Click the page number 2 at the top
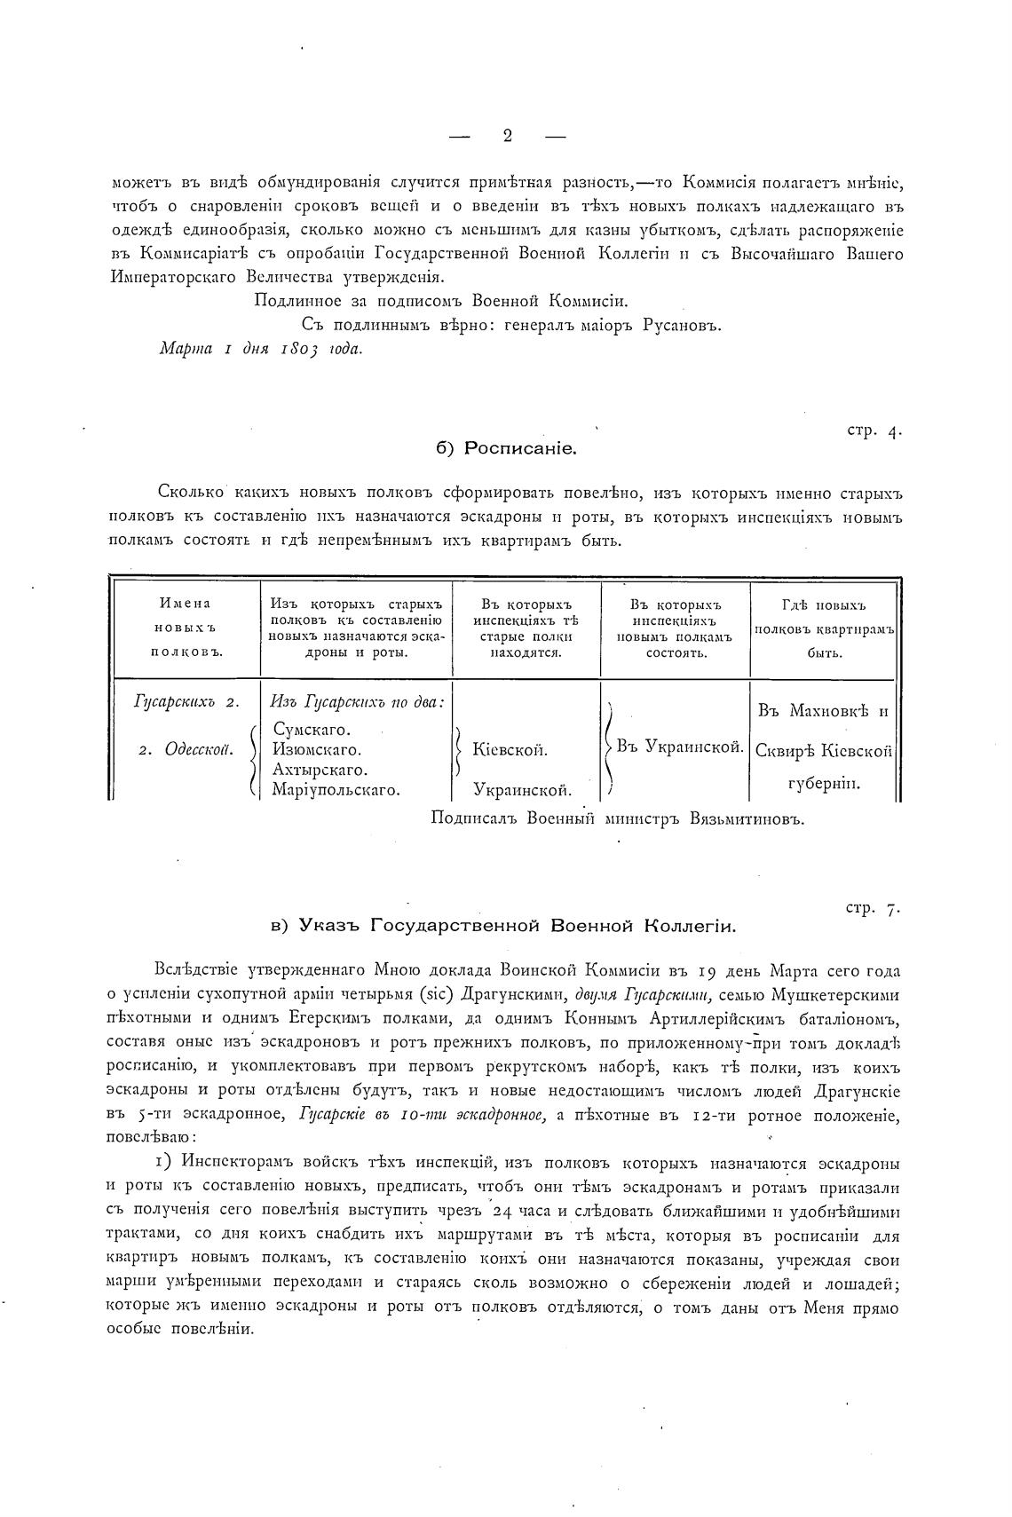(507, 136)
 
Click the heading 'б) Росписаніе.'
(507, 449)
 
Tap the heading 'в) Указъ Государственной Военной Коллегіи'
(503, 926)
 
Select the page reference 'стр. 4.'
(874, 431)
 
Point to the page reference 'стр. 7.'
(874, 908)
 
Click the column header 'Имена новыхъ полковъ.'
(186, 628)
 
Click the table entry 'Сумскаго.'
(312, 731)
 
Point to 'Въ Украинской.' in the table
(680, 747)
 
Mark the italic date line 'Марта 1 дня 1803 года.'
(260, 349)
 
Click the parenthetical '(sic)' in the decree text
(532, 994)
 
